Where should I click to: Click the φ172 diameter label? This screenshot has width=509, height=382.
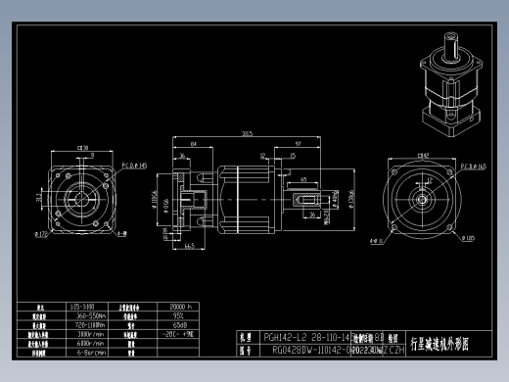[x=41, y=234]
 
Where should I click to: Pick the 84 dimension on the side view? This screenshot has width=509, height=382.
[x=195, y=143]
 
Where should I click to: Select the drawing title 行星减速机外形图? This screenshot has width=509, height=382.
[x=442, y=344]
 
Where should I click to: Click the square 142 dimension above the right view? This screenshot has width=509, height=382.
[x=423, y=155]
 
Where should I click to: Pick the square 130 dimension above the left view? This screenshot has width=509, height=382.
[x=83, y=149]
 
